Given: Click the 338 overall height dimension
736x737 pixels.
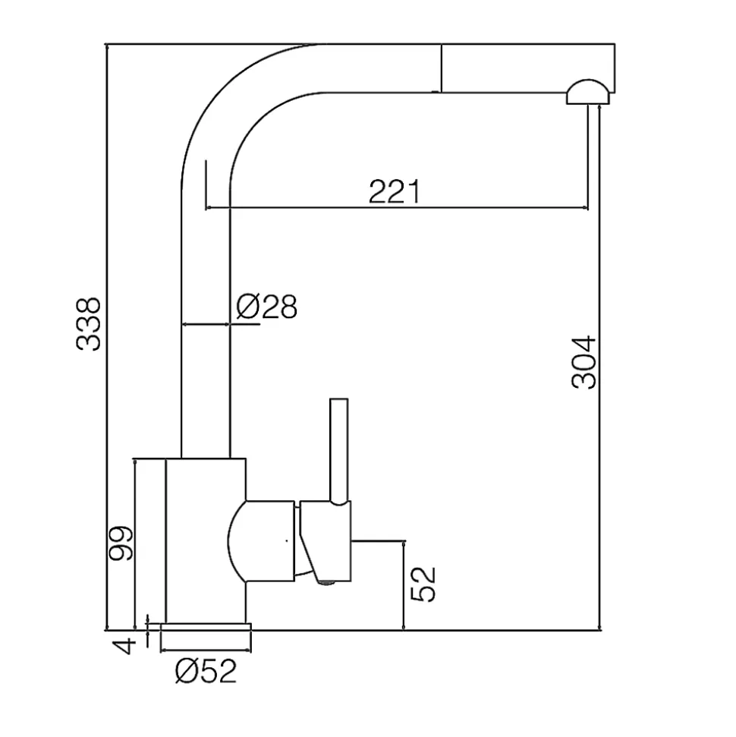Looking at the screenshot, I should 90,324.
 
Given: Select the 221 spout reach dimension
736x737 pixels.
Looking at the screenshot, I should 394,192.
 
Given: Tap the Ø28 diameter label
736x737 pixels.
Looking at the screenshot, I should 266,307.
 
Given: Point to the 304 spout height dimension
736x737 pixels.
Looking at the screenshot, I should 584,362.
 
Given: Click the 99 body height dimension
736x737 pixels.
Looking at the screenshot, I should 121,543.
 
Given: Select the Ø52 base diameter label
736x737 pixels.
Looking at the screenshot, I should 206,670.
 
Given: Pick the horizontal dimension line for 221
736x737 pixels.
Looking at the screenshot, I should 395,208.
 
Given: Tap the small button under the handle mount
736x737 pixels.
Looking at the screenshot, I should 326,583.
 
